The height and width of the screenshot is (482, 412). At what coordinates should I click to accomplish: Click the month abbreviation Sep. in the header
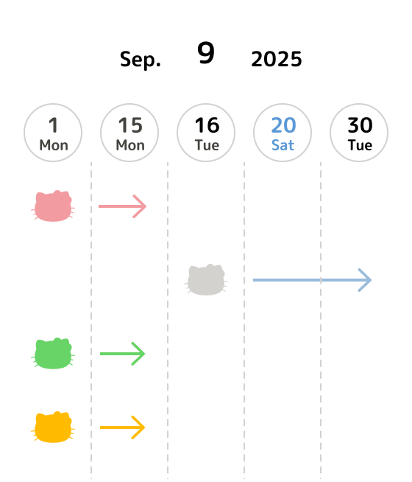(141, 60)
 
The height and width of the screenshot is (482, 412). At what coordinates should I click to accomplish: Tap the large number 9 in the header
(206, 52)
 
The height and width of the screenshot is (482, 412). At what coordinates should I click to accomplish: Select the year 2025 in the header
(277, 59)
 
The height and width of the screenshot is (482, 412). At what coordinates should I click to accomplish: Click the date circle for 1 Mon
(53, 133)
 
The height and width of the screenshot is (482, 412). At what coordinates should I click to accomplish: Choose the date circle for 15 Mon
(129, 133)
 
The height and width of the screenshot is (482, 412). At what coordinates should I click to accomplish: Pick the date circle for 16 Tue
(206, 133)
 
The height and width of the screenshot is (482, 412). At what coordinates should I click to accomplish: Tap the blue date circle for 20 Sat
(283, 133)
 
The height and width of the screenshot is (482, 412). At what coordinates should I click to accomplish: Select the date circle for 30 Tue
(359, 133)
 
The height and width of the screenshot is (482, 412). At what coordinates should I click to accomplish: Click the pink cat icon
(53, 206)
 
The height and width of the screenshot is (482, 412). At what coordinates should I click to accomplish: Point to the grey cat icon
(206, 280)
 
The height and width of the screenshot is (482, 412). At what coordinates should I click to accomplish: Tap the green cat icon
(53, 354)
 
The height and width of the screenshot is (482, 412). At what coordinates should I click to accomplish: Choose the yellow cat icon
(53, 427)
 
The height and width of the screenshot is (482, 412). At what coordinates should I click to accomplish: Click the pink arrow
(122, 206)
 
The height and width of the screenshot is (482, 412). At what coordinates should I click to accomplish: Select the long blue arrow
(312, 280)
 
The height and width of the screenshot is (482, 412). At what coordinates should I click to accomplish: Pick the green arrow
(122, 354)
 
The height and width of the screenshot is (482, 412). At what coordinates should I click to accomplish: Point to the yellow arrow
(122, 427)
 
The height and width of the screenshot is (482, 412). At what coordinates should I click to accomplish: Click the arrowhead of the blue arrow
(366, 280)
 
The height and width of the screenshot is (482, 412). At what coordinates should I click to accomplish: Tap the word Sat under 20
(283, 145)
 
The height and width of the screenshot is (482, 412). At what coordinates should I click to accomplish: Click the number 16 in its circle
(207, 125)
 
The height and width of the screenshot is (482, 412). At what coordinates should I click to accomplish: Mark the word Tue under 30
(360, 145)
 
